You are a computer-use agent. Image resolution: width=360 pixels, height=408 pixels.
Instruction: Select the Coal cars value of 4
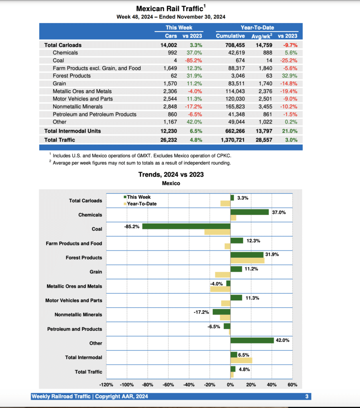(175, 60)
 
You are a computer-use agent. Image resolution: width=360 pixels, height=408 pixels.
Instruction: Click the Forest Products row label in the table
(71, 76)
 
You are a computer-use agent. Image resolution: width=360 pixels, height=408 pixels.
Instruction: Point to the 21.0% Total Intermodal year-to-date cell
(290, 131)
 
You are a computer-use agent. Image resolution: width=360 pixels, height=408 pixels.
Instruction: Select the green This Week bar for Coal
(186, 226)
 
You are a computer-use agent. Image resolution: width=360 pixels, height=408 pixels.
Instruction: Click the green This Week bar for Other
(252, 340)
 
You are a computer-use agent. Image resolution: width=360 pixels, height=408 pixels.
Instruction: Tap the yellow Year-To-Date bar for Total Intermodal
(241, 360)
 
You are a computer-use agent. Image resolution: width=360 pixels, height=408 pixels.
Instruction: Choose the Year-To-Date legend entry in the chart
(142, 204)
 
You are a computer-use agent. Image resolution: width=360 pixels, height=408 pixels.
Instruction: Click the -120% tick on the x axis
(106, 385)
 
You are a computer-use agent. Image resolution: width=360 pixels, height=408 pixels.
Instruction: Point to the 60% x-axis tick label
(292, 385)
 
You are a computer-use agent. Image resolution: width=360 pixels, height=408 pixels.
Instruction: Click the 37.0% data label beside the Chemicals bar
(279, 212)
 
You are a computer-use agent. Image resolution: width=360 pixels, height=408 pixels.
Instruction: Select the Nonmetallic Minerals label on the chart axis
(78, 315)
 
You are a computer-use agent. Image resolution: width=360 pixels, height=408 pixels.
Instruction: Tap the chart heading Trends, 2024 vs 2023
(171, 175)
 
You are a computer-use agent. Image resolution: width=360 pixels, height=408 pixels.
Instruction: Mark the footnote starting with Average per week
(142, 163)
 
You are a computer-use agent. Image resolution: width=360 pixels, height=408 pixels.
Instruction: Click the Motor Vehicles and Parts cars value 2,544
(171, 99)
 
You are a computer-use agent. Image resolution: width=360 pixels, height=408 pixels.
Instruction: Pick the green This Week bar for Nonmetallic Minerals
(221, 312)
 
